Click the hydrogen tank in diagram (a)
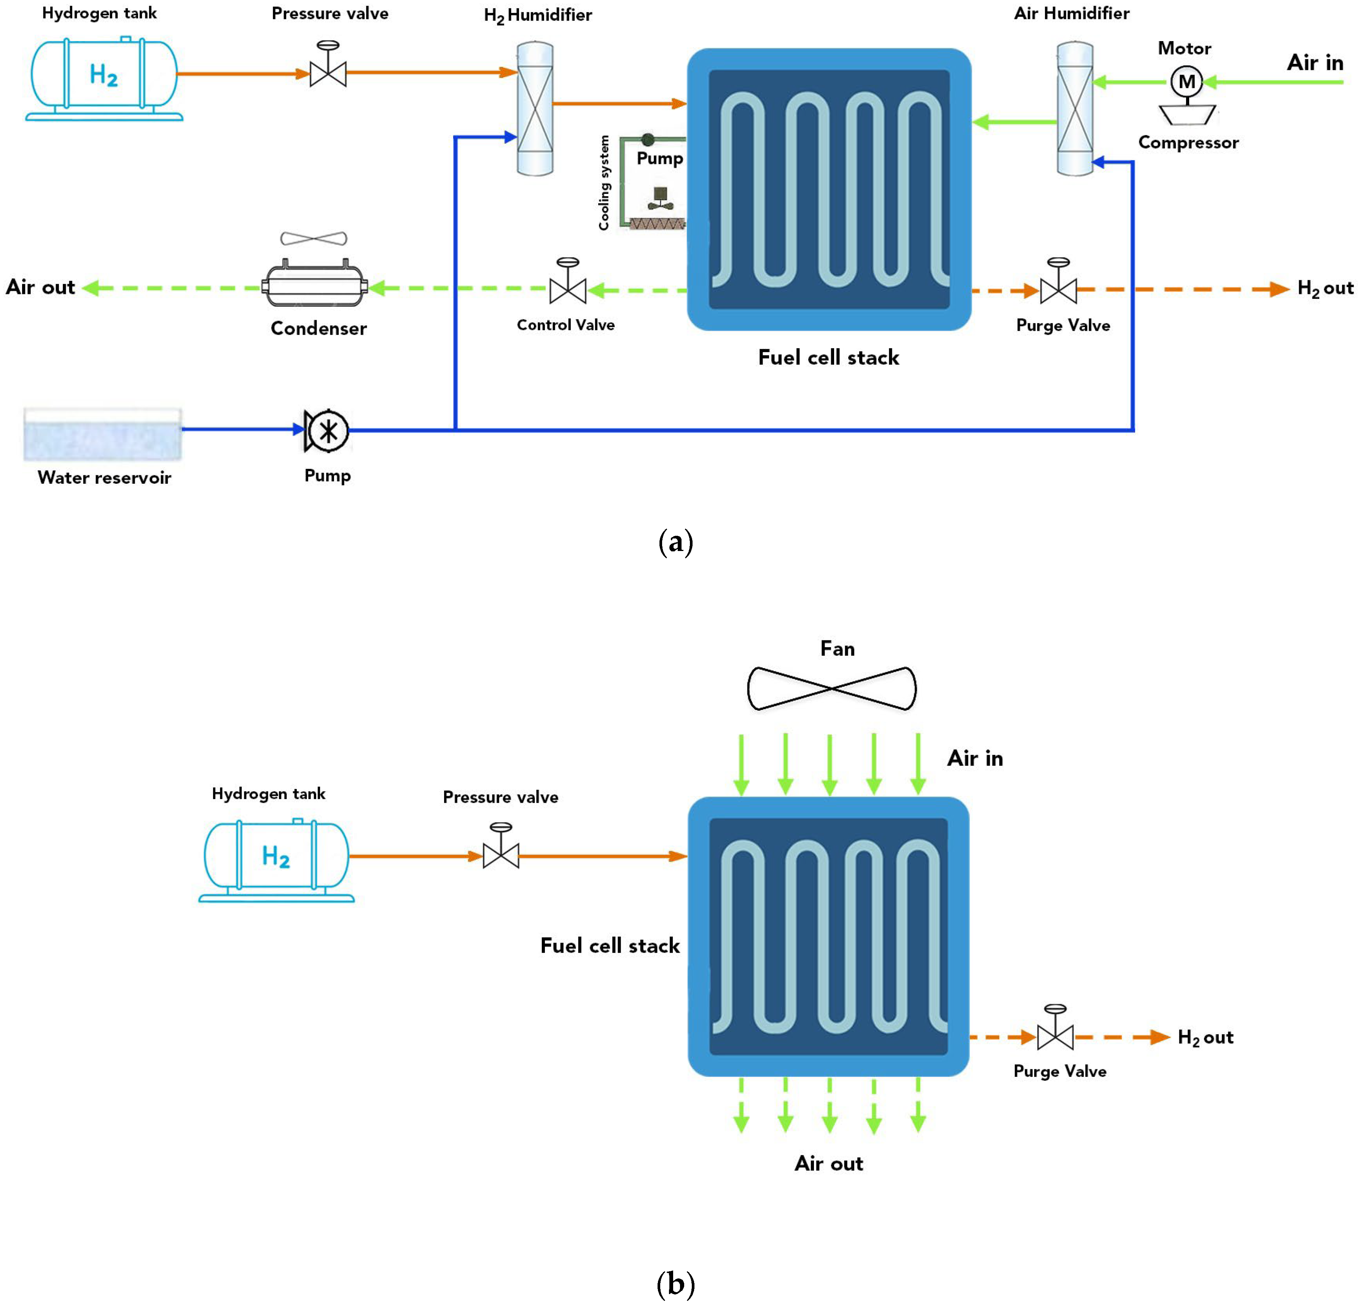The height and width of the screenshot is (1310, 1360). [x=104, y=78]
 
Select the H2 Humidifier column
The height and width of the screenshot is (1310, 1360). [x=535, y=109]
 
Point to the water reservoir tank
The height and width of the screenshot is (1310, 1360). [x=103, y=434]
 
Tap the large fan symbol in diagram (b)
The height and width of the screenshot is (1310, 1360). [x=831, y=688]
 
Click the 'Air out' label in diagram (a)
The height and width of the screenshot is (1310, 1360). [x=40, y=287]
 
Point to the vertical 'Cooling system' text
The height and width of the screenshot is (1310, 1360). [x=604, y=183]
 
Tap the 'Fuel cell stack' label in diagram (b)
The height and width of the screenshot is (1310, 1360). [x=610, y=945]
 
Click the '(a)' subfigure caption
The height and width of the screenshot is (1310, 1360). [x=675, y=541]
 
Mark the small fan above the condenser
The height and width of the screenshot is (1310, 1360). [x=314, y=238]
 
